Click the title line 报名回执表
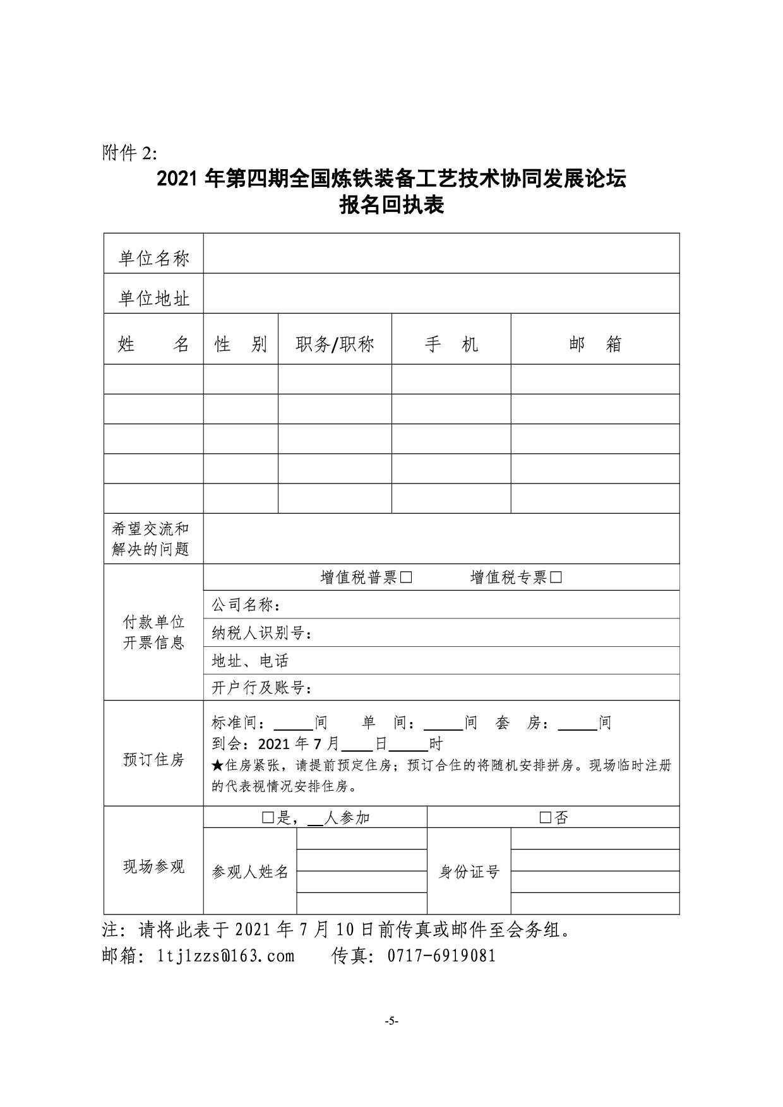click(391, 205)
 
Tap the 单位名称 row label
click(153, 258)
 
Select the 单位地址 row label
click(153, 298)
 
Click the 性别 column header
click(241, 344)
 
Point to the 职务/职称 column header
click(335, 344)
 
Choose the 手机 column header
click(451, 344)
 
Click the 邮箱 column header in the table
click(595, 344)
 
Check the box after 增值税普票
click(406, 577)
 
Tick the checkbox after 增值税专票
click(556, 577)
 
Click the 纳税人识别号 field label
click(261, 633)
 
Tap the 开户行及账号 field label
click(261, 687)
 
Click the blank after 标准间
click(293, 723)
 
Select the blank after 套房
click(578, 723)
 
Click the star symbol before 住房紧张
click(217, 766)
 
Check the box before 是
click(268, 818)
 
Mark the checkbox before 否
click(546, 818)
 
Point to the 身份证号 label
click(469, 872)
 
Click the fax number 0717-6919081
click(441, 956)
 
